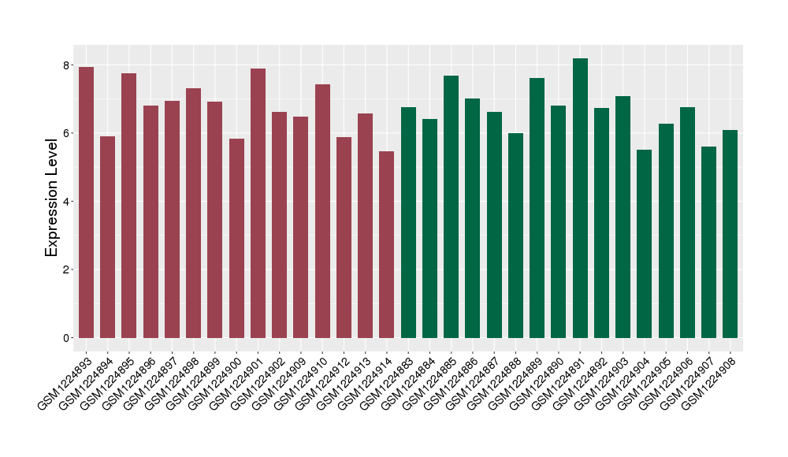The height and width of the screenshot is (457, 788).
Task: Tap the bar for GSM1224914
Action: click(x=387, y=244)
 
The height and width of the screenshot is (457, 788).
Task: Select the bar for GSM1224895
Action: click(x=129, y=206)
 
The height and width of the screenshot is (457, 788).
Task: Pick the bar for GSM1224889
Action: click(x=537, y=208)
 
